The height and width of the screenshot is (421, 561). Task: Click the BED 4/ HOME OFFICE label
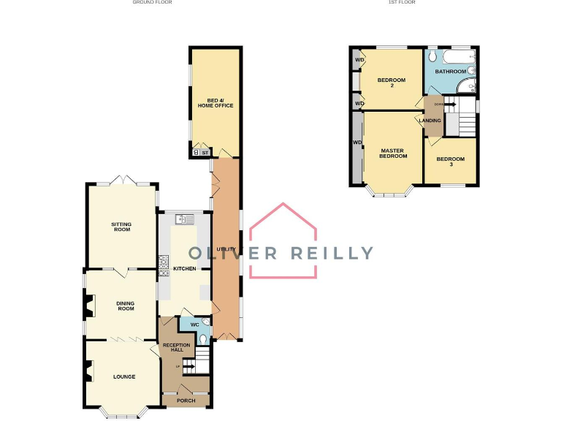pyautogui.click(x=215, y=102)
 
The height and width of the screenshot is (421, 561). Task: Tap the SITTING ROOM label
pyautogui.click(x=121, y=227)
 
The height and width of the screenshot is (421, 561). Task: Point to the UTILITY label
pyautogui.click(x=225, y=249)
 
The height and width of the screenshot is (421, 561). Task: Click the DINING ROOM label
pyautogui.click(x=126, y=306)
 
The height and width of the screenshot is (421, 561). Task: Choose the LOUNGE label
pyautogui.click(x=124, y=377)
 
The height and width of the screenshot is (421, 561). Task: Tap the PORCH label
pyautogui.click(x=186, y=401)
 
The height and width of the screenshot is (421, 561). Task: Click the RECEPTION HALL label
pyautogui.click(x=176, y=347)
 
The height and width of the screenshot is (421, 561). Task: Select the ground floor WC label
pyautogui.click(x=194, y=325)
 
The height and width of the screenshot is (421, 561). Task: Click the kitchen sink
pyautogui.click(x=183, y=218)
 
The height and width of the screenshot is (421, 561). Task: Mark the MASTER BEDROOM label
pyautogui.click(x=393, y=153)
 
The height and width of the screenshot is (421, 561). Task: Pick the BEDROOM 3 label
pyautogui.click(x=450, y=162)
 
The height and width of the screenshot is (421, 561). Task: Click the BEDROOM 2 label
pyautogui.click(x=391, y=82)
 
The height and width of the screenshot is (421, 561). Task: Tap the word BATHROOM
pyautogui.click(x=450, y=72)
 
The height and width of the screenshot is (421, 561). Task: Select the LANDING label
pyautogui.click(x=430, y=121)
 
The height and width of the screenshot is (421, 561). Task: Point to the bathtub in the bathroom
pyautogui.click(x=457, y=56)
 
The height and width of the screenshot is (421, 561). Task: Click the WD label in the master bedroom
pyautogui.click(x=357, y=142)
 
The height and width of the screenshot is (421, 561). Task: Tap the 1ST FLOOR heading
pyautogui.click(x=402, y=2)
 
